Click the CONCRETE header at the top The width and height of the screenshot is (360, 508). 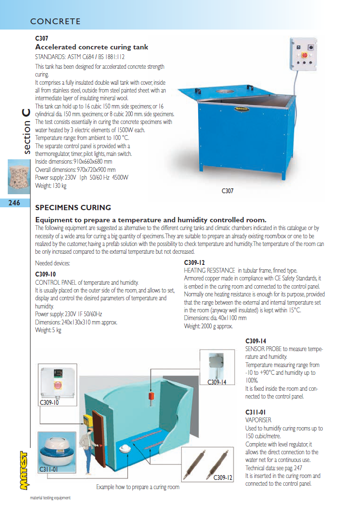(55, 22)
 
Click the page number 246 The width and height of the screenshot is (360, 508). (14, 203)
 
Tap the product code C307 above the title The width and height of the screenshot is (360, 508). (42, 38)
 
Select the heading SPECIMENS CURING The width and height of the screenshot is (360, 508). (73, 208)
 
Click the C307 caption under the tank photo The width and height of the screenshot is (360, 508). (227, 191)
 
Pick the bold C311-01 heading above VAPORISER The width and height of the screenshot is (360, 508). (255, 413)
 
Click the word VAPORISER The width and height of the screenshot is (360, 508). (258, 420)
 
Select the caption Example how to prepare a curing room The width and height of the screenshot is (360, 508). (138, 487)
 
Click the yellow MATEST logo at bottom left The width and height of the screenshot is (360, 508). (22, 473)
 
